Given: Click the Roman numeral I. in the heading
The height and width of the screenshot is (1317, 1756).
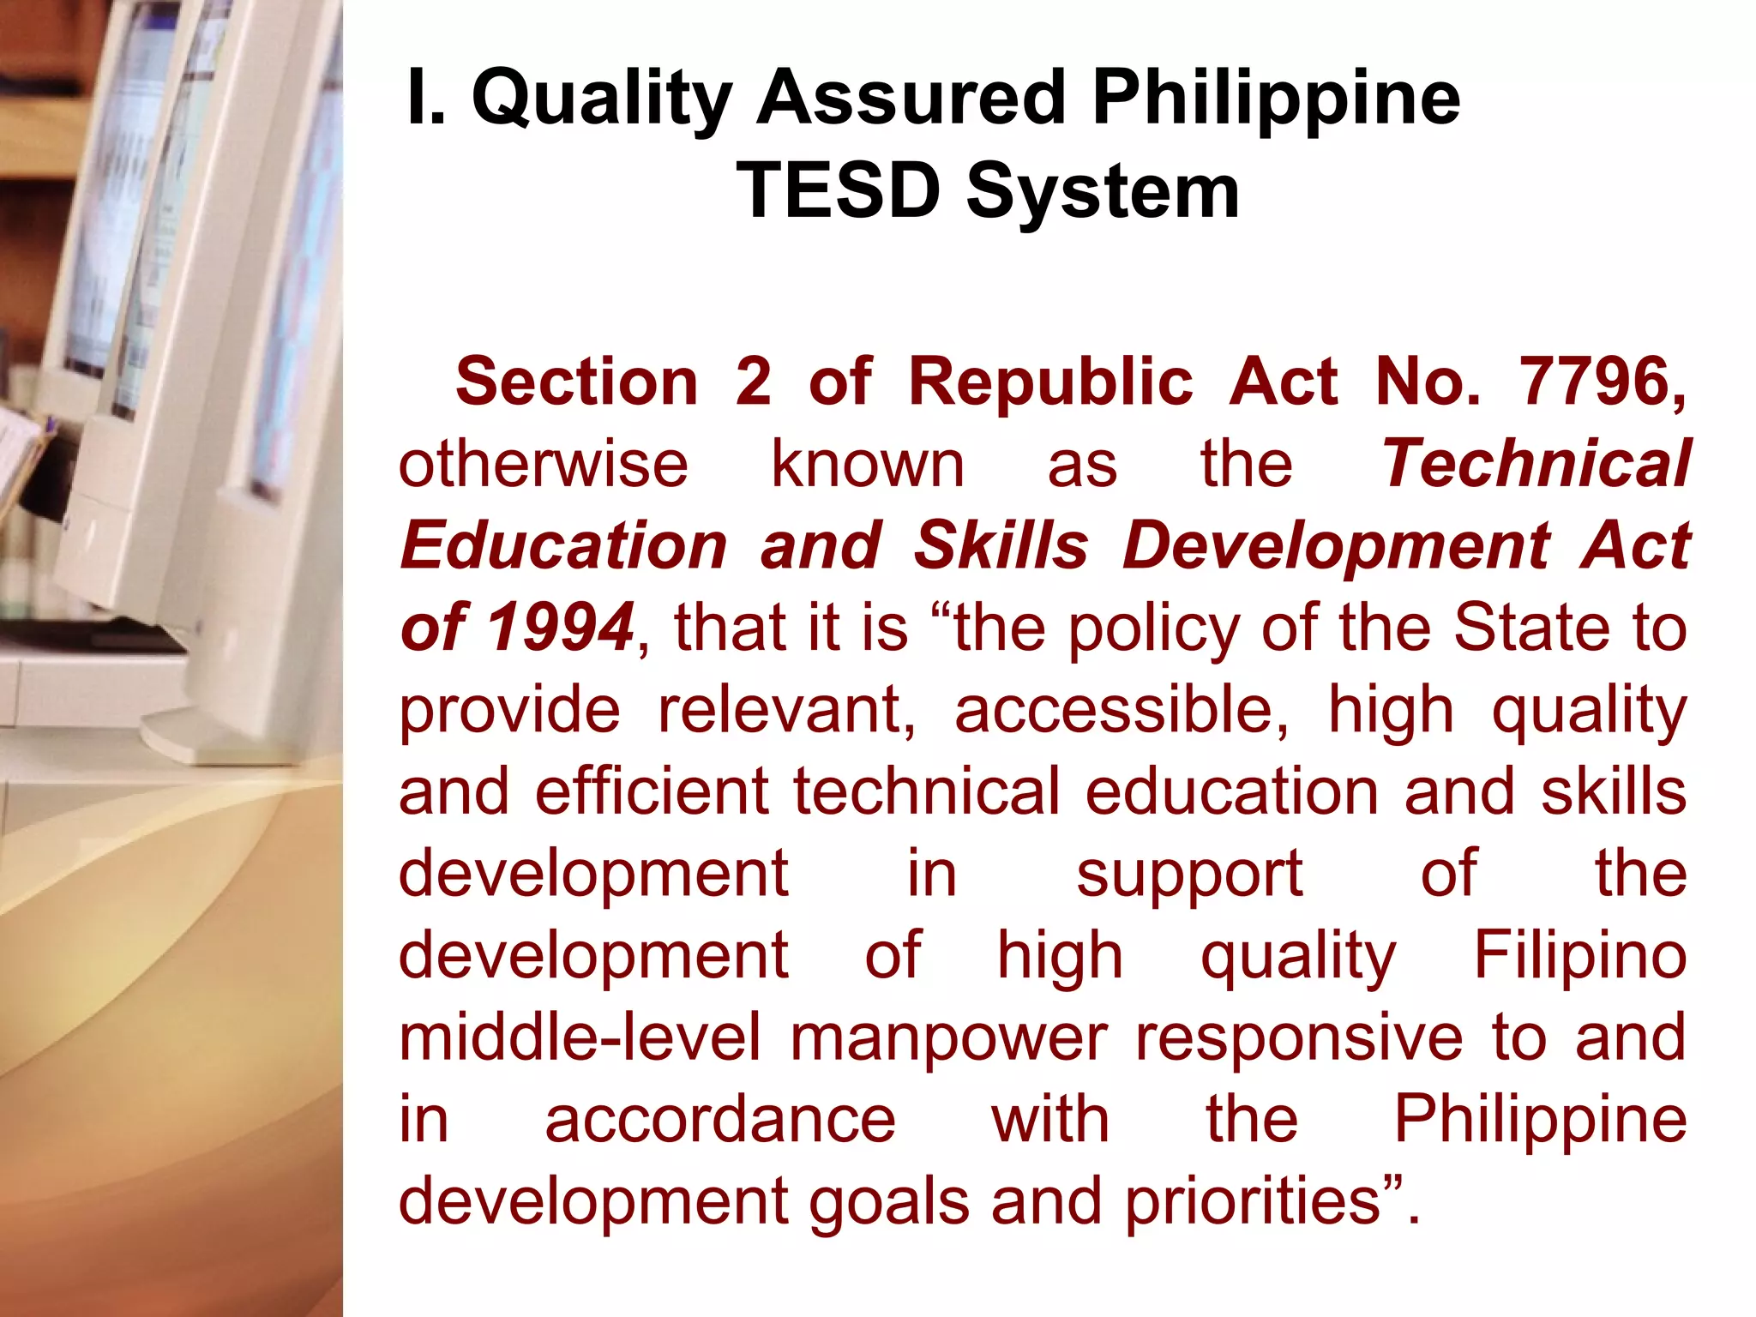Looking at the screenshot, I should (x=426, y=98).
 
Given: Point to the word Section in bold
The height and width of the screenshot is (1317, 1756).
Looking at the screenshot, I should (x=577, y=382).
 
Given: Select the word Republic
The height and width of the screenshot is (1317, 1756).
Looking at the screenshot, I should (x=1050, y=382).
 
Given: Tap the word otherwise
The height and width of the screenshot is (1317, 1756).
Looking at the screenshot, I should (x=544, y=465).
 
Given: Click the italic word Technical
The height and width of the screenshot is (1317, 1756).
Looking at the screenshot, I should (x=1536, y=464).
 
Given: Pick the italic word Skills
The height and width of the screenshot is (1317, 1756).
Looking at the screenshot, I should (x=1001, y=546).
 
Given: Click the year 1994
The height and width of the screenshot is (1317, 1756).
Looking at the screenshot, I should (x=561, y=628).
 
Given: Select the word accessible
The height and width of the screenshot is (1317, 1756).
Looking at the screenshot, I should (x=1121, y=710).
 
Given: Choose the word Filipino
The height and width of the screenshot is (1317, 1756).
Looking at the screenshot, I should (x=1579, y=955).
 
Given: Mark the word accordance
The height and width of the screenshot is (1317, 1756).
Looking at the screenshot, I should (x=720, y=1119).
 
